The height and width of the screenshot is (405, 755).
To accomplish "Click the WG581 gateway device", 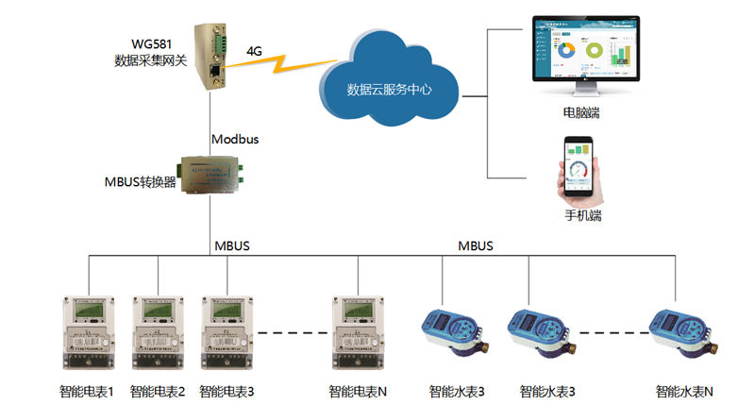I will tap(212, 55).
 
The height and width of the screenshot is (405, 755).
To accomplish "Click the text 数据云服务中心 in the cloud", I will tap(390, 91).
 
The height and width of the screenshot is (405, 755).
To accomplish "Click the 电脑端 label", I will tap(582, 113).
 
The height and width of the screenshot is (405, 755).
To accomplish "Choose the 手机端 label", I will tap(583, 215).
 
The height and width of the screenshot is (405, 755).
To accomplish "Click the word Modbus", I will tap(235, 139).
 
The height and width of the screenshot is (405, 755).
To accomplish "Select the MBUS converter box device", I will tap(212, 175).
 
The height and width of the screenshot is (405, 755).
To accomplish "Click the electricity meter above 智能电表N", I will tap(358, 334).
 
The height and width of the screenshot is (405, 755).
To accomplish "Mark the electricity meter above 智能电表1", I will tap(86, 334).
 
